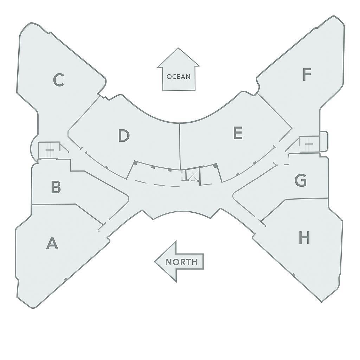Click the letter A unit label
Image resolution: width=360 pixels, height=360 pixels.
point(52,243)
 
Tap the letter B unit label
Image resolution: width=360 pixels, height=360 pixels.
point(56,187)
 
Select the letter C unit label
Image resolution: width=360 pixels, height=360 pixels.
point(59,80)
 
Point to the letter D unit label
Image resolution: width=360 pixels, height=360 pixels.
point(124,135)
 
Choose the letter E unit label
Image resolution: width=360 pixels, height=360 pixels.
point(238,133)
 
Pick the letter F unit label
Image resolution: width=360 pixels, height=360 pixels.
point(307,75)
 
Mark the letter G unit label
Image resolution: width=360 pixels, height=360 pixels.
point(301,180)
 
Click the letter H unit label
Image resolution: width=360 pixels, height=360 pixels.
point(304,238)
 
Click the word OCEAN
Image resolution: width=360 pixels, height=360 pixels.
point(179,77)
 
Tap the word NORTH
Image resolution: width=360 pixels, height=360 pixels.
point(181,262)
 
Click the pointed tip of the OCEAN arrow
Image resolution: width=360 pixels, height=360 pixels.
point(178,48)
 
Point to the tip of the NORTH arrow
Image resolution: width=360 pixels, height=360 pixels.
point(155,262)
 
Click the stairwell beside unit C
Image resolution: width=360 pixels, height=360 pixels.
point(50,150)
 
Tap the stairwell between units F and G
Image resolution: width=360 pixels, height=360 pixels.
point(309,144)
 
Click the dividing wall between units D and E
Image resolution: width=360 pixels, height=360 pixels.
point(180,147)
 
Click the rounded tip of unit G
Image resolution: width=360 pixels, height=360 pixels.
point(234,196)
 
